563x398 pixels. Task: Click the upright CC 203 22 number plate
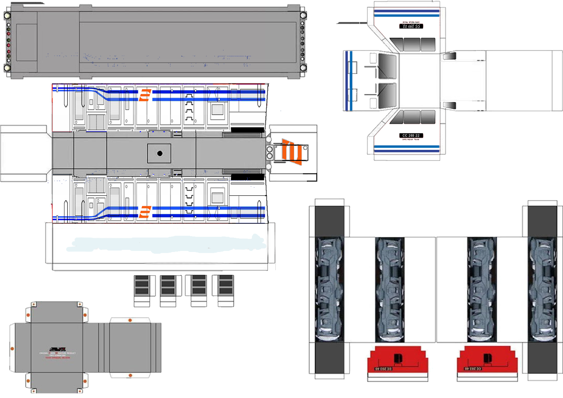click(x=411, y=135)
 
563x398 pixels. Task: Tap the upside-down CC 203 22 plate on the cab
click(x=411, y=26)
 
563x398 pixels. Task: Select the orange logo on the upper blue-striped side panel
click(x=145, y=95)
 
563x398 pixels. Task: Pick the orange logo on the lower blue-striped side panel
click(x=145, y=212)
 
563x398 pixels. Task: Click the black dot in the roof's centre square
click(x=160, y=153)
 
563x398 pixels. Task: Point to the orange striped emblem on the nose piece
click(x=292, y=152)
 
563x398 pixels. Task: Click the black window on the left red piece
click(x=398, y=358)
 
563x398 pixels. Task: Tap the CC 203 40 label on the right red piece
click(x=473, y=369)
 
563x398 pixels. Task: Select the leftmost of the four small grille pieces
click(x=142, y=285)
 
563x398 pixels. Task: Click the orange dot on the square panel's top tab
click(x=130, y=320)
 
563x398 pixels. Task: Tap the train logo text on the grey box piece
click(x=57, y=352)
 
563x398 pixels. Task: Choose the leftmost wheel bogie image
click(x=329, y=289)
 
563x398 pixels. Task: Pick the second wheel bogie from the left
click(x=390, y=289)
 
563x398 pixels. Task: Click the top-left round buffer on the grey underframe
click(x=7, y=15)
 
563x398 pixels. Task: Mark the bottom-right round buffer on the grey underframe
click(x=303, y=68)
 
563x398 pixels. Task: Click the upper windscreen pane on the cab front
click(x=387, y=66)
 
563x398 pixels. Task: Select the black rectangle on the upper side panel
click(x=247, y=130)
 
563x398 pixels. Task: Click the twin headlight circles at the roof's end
click(x=270, y=152)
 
